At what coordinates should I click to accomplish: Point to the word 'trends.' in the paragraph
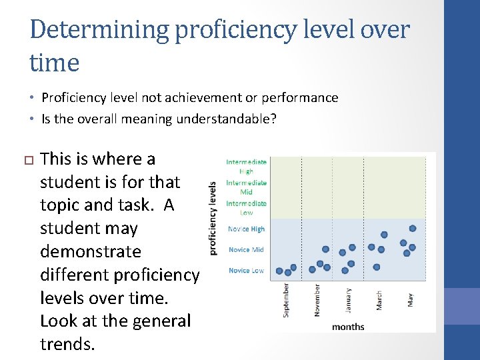(68, 343)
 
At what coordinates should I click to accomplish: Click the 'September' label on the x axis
(286, 300)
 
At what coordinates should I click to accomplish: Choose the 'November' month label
(317, 300)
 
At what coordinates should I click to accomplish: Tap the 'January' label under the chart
(348, 299)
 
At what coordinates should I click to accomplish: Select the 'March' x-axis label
(379, 299)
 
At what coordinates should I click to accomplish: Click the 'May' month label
(409, 299)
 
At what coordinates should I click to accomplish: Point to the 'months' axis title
(348, 326)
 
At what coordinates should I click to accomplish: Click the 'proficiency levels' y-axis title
(213, 218)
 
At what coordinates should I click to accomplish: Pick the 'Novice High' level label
(246, 229)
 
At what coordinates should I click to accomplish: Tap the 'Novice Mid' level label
(246, 249)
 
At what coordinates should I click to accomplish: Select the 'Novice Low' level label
(246, 270)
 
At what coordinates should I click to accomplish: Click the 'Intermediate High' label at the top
(246, 166)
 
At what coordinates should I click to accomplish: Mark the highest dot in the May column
(413, 228)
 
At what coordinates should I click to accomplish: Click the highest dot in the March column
(384, 234)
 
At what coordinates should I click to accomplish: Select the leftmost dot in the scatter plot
(279, 271)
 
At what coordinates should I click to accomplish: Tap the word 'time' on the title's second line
(55, 63)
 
